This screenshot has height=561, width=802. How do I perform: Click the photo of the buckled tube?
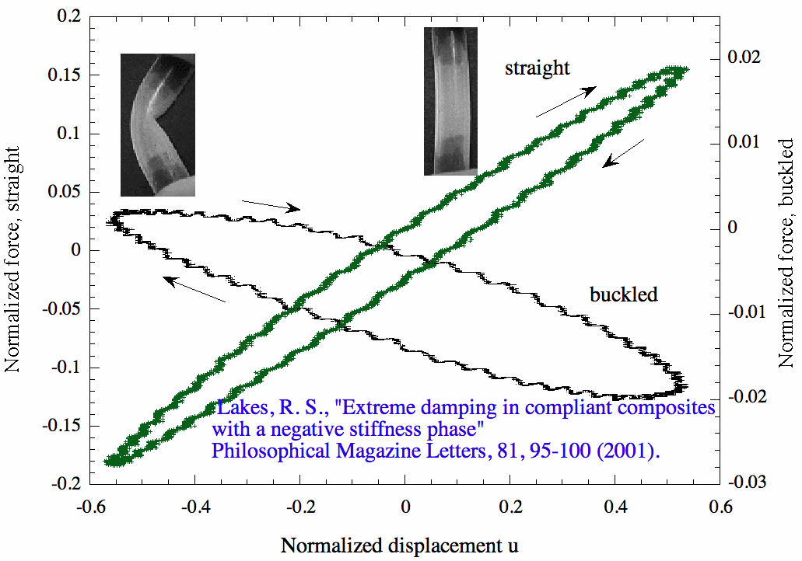157,124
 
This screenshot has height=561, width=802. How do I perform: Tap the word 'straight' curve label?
537,68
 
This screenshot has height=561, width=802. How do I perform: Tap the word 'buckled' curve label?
623,294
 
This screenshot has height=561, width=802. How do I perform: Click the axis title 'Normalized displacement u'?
399,545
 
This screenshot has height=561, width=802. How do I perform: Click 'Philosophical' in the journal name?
268,450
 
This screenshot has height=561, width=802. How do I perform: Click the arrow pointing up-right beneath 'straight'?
566,102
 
